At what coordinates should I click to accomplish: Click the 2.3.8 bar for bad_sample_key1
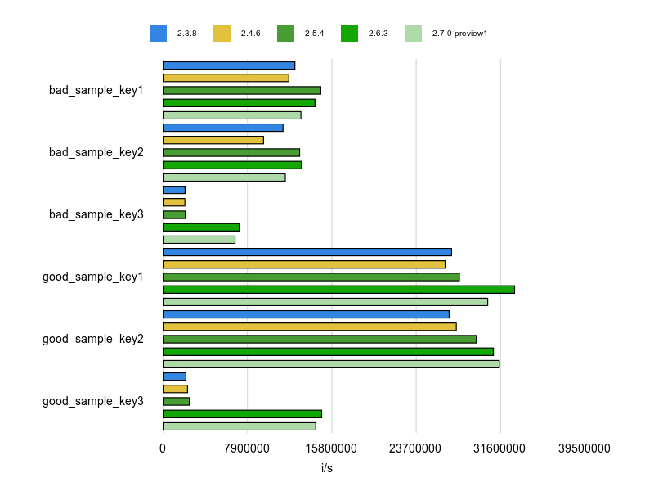pyautogui.click(x=229, y=65)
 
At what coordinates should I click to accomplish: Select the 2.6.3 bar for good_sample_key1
pyautogui.click(x=338, y=289)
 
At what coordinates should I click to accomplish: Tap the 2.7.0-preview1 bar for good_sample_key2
pyautogui.click(x=331, y=363)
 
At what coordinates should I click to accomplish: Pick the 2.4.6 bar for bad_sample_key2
pyautogui.click(x=213, y=140)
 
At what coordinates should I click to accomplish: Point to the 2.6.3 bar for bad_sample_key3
pyautogui.click(x=201, y=227)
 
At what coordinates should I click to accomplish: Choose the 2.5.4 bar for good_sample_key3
pyautogui.click(x=176, y=401)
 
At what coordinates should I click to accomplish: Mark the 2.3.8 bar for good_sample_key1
pyautogui.click(x=307, y=252)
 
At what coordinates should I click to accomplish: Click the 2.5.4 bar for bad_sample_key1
pyautogui.click(x=242, y=90)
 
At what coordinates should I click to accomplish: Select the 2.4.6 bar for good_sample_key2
pyautogui.click(x=310, y=327)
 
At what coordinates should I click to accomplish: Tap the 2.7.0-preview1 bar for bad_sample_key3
pyautogui.click(x=199, y=239)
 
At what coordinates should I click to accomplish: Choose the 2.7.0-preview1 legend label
pyautogui.click(x=459, y=34)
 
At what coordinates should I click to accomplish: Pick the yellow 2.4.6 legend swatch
pyautogui.click(x=222, y=33)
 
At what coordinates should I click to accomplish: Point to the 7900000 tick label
pyautogui.click(x=247, y=449)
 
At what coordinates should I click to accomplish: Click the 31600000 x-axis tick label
pyautogui.click(x=500, y=449)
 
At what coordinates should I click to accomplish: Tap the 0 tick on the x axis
pyautogui.click(x=163, y=449)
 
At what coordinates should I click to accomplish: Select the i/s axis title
pyautogui.click(x=327, y=469)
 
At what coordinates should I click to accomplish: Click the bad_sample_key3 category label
pyautogui.click(x=96, y=214)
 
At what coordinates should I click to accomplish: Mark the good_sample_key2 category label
pyautogui.click(x=93, y=339)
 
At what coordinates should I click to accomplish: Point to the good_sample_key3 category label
pyautogui.click(x=93, y=401)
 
